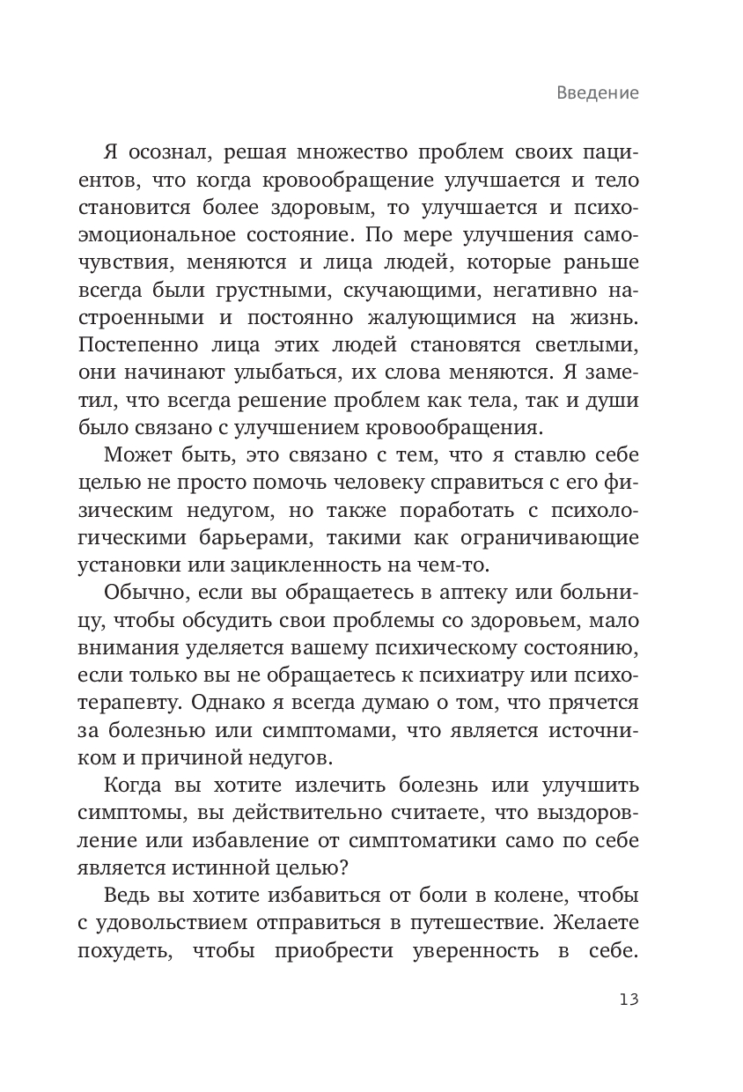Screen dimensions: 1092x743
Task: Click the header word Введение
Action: click(597, 93)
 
